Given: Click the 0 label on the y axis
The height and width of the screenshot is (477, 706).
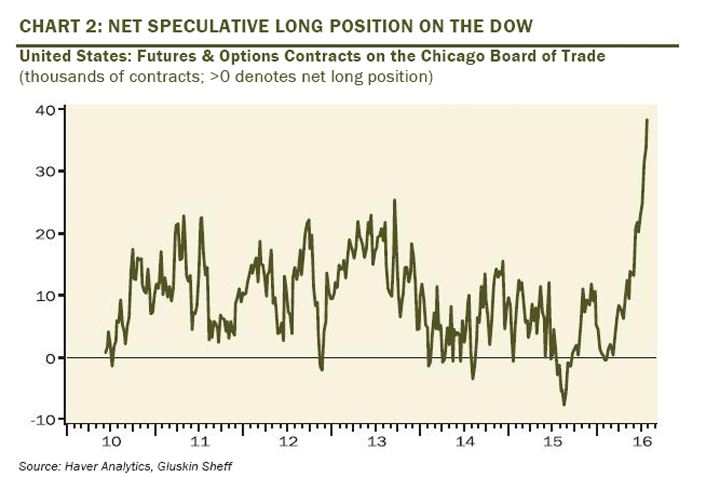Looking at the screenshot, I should (x=50, y=358).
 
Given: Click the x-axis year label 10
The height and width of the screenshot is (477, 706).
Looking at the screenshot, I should (x=112, y=441).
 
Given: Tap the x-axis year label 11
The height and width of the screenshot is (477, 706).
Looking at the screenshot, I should (x=199, y=441).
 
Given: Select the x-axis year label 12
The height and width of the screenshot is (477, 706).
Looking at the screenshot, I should (x=288, y=441).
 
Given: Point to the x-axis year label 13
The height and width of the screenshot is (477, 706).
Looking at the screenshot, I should (x=377, y=441).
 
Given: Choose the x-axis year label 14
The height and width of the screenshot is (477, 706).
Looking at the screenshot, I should (x=465, y=441).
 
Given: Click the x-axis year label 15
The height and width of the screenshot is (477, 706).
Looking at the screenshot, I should (x=553, y=441).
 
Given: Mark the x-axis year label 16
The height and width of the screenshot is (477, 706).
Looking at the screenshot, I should (x=642, y=441).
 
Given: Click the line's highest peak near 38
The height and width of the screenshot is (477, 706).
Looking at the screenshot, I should (x=647, y=120).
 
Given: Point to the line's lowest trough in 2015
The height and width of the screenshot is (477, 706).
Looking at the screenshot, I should (x=564, y=405).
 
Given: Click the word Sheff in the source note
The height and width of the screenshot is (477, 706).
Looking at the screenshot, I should (x=218, y=466).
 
